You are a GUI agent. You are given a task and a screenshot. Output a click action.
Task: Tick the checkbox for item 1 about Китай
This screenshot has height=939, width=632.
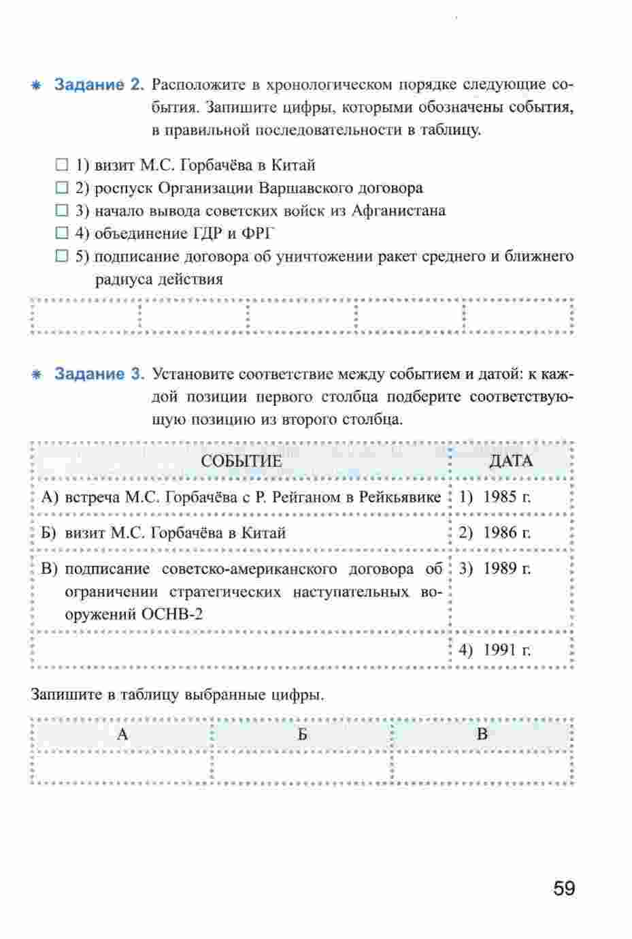[x=63, y=165]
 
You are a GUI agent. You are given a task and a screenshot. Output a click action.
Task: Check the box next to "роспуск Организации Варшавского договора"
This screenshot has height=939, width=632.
[x=63, y=188]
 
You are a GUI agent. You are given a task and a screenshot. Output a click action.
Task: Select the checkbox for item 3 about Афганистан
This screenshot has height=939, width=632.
[x=63, y=211]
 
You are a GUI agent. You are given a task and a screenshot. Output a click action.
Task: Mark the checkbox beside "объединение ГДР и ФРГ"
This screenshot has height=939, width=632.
[x=63, y=234]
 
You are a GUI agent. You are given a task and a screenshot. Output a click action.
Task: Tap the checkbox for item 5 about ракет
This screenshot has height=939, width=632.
[x=63, y=257]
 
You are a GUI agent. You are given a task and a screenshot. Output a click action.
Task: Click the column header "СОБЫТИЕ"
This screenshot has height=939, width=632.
[x=241, y=461]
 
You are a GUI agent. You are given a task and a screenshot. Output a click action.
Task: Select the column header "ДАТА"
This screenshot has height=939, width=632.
[x=511, y=461]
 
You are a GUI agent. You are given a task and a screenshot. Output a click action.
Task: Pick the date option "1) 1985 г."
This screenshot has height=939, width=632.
[x=495, y=496]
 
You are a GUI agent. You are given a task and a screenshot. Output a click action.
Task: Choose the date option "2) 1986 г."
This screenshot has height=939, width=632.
[x=495, y=532]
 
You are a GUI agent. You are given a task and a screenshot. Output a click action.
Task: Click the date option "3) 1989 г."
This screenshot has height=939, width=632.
[x=495, y=569]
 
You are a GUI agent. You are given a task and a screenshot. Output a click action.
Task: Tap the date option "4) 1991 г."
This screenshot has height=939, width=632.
[x=495, y=650]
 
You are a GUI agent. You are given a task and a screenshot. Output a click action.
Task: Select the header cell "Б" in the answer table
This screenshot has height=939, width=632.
[x=302, y=734]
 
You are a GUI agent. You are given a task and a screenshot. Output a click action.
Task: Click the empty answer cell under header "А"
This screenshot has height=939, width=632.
[x=122, y=767]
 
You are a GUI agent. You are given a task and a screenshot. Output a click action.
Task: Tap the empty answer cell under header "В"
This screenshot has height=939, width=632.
[x=482, y=767]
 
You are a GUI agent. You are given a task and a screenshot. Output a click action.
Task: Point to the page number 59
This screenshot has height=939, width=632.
[x=564, y=889]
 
